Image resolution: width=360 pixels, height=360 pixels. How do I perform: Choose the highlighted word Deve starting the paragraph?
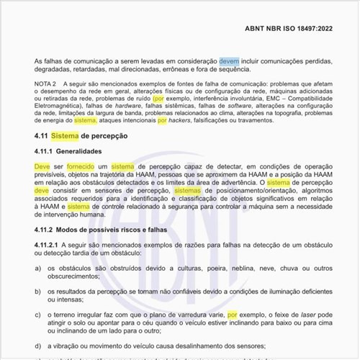point(42,166)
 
